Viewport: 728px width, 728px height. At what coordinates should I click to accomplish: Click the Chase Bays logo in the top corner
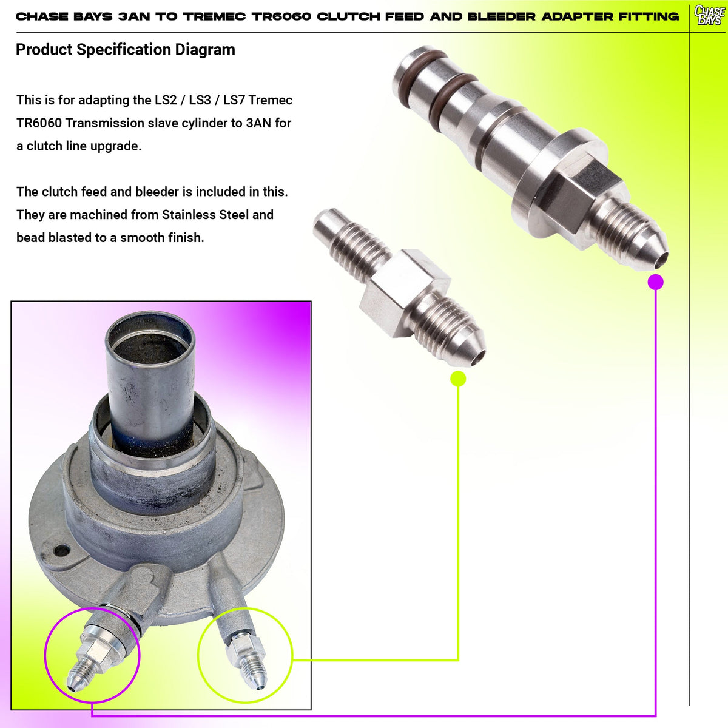[x=709, y=15]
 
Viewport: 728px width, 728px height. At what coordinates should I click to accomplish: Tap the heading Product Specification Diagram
[x=126, y=50]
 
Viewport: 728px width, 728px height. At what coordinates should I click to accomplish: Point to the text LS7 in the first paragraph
[x=234, y=100]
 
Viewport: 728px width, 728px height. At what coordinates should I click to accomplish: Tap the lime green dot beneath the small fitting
[x=458, y=379]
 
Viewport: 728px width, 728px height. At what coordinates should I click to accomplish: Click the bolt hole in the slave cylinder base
[x=62, y=550]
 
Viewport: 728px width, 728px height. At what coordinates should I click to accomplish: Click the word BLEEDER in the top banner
[x=501, y=16]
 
